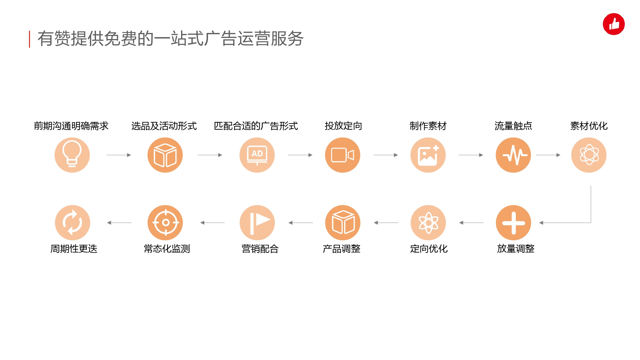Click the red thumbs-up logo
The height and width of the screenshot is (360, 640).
point(614,24)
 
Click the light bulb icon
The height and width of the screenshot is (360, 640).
point(72,155)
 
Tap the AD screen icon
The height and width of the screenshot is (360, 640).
point(257,155)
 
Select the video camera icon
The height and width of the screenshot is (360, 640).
point(342,155)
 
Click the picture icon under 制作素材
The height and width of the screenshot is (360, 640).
point(428,155)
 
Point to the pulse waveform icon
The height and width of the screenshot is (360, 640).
point(513,155)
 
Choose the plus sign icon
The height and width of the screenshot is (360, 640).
point(513,223)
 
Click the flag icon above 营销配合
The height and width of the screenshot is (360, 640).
point(257,223)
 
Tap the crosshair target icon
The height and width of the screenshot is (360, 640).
point(165,223)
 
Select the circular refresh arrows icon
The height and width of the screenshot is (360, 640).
point(72,223)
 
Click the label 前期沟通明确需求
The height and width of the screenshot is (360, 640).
point(71,126)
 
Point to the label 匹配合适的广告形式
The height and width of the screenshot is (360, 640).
point(256,126)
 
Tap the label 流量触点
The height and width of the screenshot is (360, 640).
point(513,126)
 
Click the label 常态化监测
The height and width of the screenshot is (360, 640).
point(167,249)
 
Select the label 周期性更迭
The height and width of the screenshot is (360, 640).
point(74,249)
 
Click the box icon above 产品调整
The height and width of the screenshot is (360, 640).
point(343,223)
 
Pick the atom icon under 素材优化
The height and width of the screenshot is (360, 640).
point(589,155)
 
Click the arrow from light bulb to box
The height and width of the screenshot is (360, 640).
point(119,155)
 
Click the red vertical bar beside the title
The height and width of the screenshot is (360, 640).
point(29,39)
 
